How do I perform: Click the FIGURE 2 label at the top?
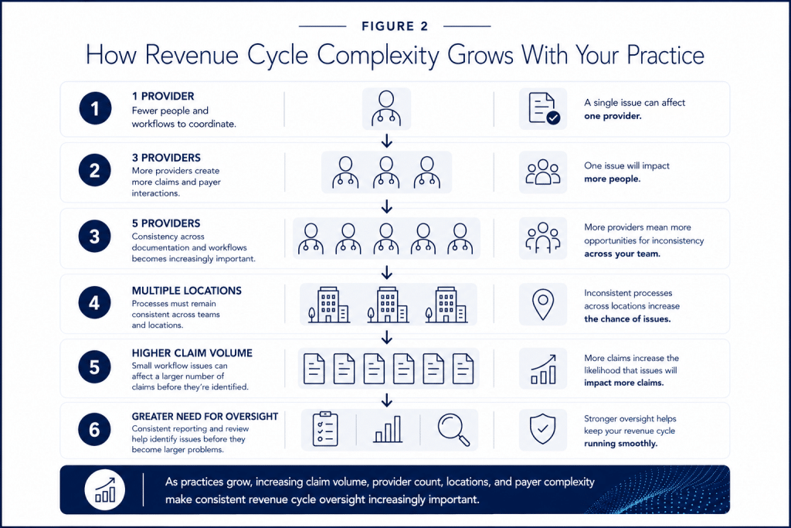tap(395, 26)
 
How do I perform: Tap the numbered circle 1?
tap(95, 108)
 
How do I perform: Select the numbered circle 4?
tap(95, 303)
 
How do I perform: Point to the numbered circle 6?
tap(95, 430)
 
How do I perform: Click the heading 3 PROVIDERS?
tap(167, 158)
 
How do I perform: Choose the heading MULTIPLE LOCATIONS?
tap(187, 291)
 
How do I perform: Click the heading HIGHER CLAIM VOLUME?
tap(192, 353)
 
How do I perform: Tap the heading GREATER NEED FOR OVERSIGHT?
tap(205, 417)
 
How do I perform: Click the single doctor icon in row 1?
tap(386, 108)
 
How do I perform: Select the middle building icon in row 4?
tap(388, 305)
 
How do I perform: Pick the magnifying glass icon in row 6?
tap(453, 430)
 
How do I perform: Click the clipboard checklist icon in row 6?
tap(325, 429)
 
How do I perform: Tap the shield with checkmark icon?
tap(543, 430)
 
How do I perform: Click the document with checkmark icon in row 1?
tap(544, 108)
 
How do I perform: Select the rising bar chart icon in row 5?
tap(543, 369)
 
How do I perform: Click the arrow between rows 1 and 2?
tap(387, 141)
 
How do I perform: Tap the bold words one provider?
tap(613, 116)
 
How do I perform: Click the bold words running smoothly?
tap(621, 444)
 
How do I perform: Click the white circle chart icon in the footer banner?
tap(105, 490)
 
